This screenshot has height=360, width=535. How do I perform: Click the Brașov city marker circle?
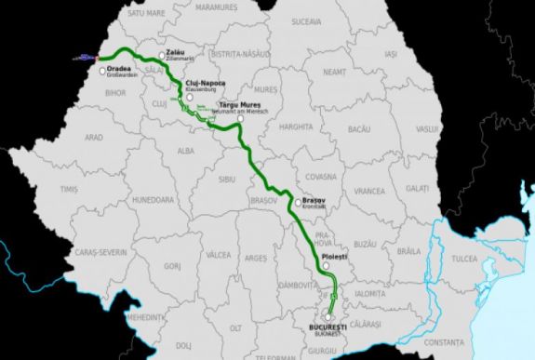(x=297, y=202)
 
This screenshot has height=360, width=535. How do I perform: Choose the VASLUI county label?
(x=428, y=128)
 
